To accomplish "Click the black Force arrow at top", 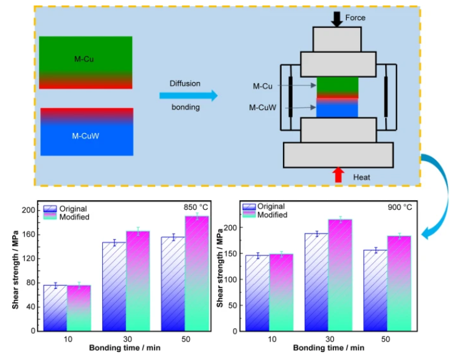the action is click(336, 19).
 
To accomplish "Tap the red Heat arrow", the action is click(338, 175).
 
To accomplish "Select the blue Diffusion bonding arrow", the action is click(189, 95).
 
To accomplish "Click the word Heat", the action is click(361, 177).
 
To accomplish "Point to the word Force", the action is click(355, 18).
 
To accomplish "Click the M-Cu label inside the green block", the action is click(84, 59).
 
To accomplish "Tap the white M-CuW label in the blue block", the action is click(86, 136).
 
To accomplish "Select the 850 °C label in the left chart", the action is click(196, 207).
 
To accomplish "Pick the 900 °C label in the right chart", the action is click(400, 207).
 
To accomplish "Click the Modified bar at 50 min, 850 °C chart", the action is click(197, 273).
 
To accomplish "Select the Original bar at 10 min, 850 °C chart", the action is click(55, 308).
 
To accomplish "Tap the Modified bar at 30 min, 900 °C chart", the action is click(340, 275).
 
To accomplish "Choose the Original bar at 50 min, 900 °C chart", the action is click(375, 291).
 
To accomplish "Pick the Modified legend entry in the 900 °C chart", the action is click(265, 215).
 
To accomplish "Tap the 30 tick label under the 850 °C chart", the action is click(127, 339).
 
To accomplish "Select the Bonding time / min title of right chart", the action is click(329, 348).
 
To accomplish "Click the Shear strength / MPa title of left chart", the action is click(15, 270).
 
